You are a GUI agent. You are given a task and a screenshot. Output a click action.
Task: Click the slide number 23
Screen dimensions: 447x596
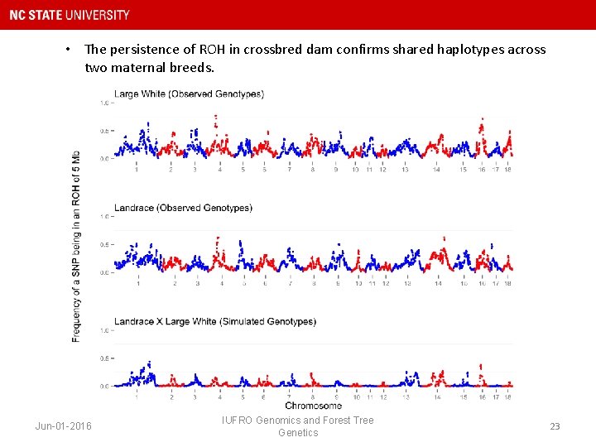click(555, 426)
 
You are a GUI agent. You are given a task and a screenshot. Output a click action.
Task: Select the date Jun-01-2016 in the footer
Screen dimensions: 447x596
click(64, 426)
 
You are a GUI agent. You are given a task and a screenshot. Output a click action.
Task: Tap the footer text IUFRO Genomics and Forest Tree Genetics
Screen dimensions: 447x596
click(298, 426)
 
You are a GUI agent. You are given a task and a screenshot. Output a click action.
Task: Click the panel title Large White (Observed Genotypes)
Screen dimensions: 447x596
click(189, 94)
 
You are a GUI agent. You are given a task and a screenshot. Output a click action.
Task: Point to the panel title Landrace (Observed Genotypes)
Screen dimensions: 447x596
click(183, 208)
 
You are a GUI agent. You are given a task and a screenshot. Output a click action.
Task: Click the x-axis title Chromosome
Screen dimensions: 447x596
click(313, 406)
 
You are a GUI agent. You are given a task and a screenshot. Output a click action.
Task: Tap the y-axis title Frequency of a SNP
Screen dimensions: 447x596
click(76, 246)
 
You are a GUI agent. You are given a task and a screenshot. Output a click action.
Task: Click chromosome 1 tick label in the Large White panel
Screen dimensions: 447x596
click(137, 169)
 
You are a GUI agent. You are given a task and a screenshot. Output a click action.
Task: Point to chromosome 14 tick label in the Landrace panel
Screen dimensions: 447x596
click(438, 283)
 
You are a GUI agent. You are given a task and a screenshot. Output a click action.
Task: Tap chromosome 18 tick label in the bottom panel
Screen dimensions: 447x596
click(507, 397)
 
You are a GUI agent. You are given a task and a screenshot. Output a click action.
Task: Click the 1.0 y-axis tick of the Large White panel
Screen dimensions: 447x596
click(105, 103)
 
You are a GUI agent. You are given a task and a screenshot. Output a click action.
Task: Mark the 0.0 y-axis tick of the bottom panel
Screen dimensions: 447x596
click(105, 386)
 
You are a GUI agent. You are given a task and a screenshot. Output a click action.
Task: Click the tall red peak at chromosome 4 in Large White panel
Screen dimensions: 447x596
click(217, 120)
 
